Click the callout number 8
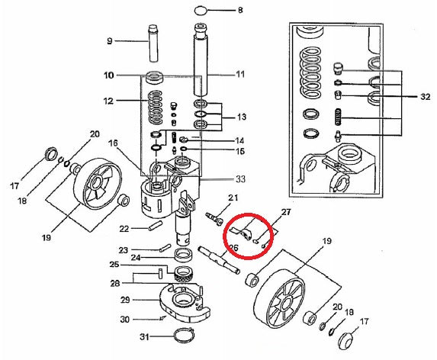(x=240, y=11)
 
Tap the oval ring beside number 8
(x=202, y=11)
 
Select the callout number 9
(x=109, y=40)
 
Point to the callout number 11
(x=240, y=75)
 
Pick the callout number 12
(x=109, y=100)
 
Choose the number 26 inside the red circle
(x=235, y=246)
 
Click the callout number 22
(x=125, y=228)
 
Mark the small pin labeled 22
(x=154, y=226)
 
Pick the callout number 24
(x=136, y=258)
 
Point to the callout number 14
(x=240, y=140)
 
